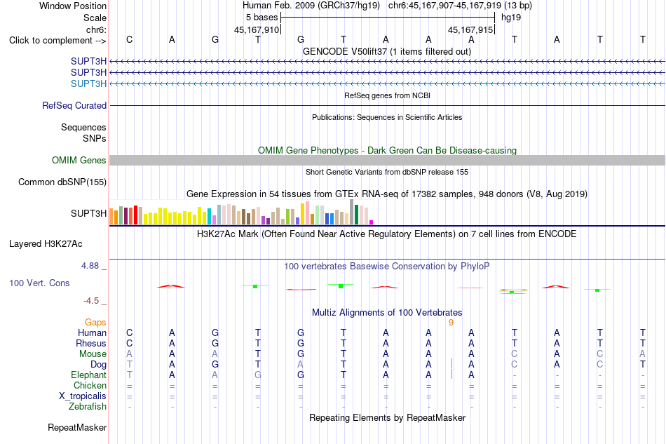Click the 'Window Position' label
click(x=73, y=6)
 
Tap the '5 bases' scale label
click(x=261, y=18)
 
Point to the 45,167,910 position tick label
click(x=257, y=29)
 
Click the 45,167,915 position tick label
click(x=470, y=29)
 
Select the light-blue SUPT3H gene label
click(x=88, y=83)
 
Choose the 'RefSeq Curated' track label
click(x=74, y=105)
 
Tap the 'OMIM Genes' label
click(x=79, y=160)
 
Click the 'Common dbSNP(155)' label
click(x=62, y=182)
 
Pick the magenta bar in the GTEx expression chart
click(x=372, y=222)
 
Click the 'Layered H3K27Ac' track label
click(x=46, y=244)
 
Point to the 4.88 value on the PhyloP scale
click(x=90, y=266)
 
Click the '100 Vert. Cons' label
click(x=39, y=283)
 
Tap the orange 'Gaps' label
click(x=95, y=323)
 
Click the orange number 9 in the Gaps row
click(x=451, y=323)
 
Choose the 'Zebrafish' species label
click(x=88, y=407)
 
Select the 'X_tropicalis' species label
click(x=83, y=396)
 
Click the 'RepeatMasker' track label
click(x=77, y=427)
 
